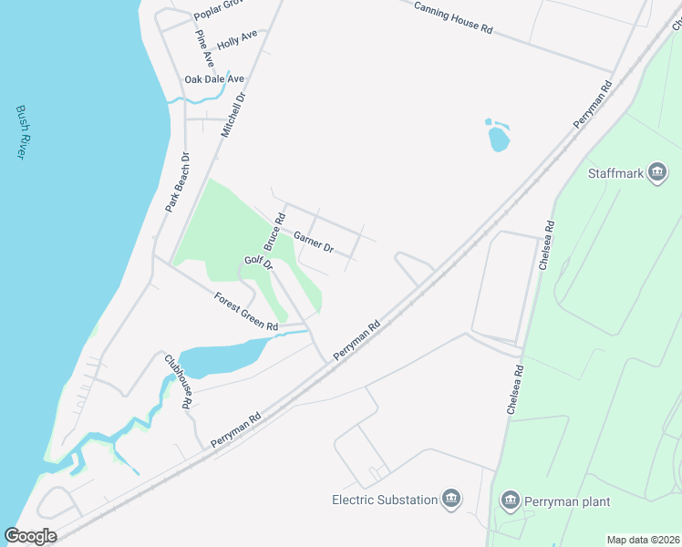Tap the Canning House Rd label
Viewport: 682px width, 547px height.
click(453, 17)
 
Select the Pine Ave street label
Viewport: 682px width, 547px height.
click(204, 47)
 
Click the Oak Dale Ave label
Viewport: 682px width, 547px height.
click(214, 80)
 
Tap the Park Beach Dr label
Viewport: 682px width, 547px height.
click(177, 182)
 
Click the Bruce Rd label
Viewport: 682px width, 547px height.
click(274, 232)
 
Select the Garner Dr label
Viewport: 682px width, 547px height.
click(314, 241)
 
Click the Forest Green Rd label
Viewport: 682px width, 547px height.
click(246, 311)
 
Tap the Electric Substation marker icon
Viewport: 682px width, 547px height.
click(450, 499)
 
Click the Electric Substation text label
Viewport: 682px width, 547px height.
click(383, 500)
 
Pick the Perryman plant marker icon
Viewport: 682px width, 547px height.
click(511, 500)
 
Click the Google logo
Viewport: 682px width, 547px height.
click(30, 536)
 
